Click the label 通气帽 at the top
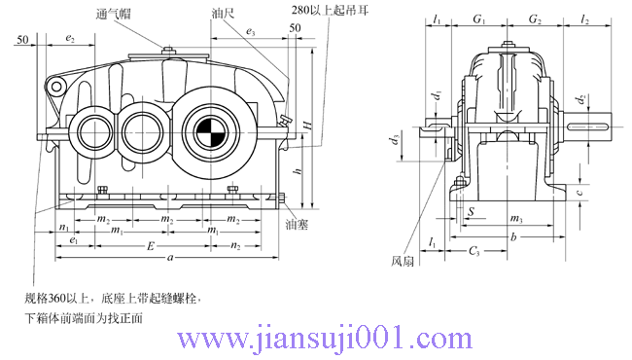click(116, 15)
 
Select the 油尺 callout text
click(222, 15)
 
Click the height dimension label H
click(306, 126)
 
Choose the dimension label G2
click(534, 19)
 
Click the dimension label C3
click(474, 251)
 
